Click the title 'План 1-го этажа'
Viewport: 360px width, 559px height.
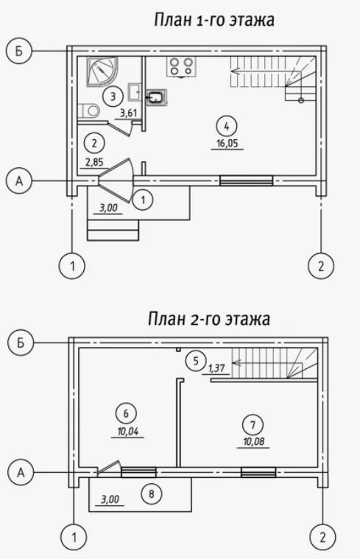(213, 20)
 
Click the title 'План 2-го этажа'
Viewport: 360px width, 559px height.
(209, 319)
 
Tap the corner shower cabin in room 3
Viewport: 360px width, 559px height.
(102, 71)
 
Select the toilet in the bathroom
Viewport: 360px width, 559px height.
(89, 110)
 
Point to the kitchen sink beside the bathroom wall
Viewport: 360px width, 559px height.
(157, 96)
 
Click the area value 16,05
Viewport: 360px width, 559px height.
(227, 144)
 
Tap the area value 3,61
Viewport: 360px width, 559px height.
(129, 113)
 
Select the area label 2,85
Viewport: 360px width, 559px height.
(94, 163)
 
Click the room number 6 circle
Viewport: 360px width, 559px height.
(126, 414)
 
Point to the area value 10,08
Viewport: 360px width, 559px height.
(253, 442)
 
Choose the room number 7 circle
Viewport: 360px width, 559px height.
(253, 425)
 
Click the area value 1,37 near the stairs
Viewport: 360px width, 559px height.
(216, 368)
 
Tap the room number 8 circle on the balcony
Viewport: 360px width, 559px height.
(152, 494)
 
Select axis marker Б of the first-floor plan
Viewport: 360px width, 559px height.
(19, 52)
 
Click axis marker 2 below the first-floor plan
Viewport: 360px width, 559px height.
(321, 266)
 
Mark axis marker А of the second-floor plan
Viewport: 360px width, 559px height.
(21, 472)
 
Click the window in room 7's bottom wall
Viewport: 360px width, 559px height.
(258, 472)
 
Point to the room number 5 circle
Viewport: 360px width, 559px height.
(196, 361)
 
